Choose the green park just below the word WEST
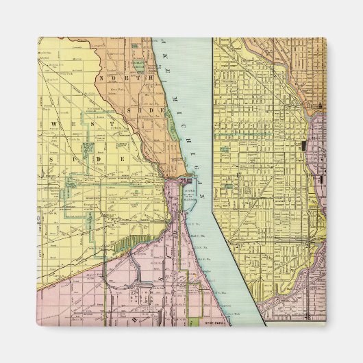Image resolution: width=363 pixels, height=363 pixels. (x=87, y=148)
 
